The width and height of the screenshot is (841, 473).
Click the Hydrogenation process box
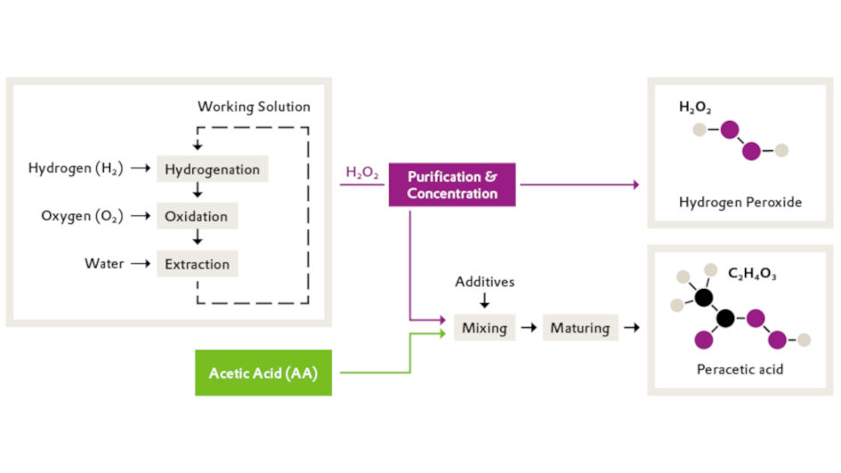212,169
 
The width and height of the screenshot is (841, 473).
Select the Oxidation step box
197,216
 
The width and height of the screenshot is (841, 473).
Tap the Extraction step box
197,264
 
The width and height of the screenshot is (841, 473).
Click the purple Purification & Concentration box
452,185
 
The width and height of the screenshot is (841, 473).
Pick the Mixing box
484,328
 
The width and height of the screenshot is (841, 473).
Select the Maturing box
579,328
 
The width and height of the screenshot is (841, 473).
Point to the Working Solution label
254,107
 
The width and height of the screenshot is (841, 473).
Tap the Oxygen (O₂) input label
82,216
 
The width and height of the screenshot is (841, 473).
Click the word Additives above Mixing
485,282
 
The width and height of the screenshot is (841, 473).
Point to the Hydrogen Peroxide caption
740,203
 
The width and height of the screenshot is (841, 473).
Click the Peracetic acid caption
740,369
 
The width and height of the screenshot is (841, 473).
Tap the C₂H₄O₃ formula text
752,276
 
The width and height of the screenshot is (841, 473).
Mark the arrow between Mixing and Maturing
528,328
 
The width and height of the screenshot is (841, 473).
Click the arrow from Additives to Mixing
484,301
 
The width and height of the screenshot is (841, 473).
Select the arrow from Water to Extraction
139,264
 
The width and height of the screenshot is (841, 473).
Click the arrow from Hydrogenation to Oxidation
198,192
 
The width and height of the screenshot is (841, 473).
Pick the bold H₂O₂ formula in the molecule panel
695,108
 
